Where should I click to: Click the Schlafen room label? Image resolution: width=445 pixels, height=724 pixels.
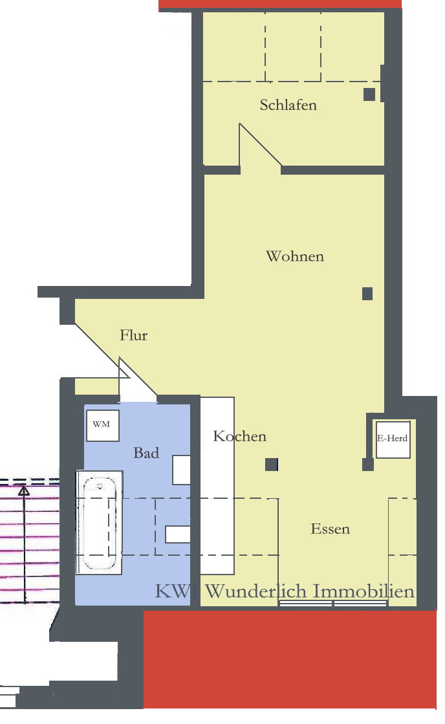coord(288,105)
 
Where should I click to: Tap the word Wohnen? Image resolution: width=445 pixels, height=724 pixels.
coord(295,256)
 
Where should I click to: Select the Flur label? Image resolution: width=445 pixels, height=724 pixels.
coord(133,335)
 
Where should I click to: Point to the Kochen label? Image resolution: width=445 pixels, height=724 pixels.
coord(239,436)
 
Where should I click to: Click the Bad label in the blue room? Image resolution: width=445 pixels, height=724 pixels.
coord(146,452)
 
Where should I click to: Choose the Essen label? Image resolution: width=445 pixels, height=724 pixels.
coord(330,529)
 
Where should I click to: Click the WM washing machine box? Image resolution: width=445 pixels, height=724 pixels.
coord(103,425)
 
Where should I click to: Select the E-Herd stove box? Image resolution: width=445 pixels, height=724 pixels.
coord(393,439)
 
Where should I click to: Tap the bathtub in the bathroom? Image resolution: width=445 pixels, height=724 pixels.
coord(99,523)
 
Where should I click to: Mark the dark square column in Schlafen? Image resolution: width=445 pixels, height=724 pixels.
coord(369,94)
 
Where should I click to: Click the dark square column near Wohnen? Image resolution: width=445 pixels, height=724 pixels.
coord(367,294)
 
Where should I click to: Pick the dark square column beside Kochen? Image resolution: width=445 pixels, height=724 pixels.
coord(272,465)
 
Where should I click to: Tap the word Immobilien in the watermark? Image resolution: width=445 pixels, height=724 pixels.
coord(364,591)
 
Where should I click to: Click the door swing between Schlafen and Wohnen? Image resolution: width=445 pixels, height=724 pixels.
coord(261,146)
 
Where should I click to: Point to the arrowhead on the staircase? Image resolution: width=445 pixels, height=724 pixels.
coord(23,490)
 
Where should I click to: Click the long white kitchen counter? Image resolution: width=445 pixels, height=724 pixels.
coord(217,485)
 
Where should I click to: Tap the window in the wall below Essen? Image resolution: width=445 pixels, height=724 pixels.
coord(333,604)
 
